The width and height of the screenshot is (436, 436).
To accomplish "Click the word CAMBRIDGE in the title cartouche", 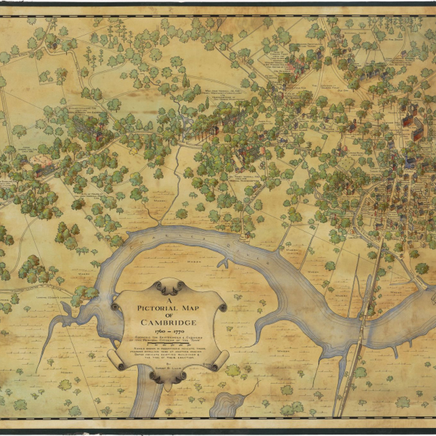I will [x=169, y=322].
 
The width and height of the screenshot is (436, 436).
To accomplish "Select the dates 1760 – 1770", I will [x=169, y=331].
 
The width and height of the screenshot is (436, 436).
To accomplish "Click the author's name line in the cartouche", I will [x=169, y=369].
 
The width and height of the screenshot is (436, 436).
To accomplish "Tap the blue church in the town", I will [x=409, y=163].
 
